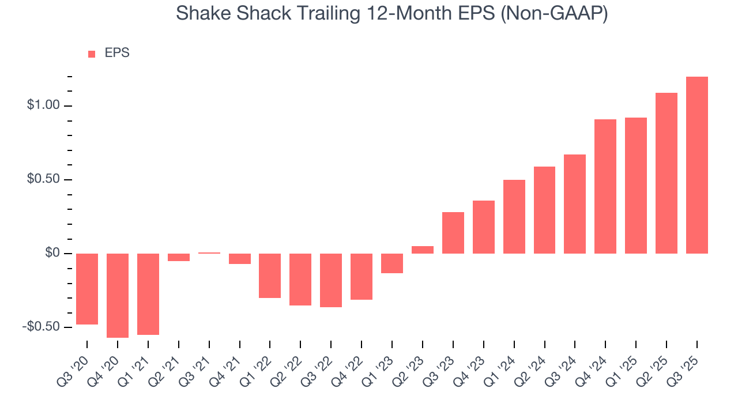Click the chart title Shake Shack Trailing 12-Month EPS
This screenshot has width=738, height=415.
coord(391,13)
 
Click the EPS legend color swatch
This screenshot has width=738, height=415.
coord(92,54)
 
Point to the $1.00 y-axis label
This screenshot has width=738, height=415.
coord(43,106)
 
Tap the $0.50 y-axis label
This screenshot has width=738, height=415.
coord(43,180)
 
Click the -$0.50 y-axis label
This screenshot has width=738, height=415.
coord(40,327)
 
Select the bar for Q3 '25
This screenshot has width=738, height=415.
coord(696,165)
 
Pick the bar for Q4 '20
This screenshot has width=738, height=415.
coord(118,295)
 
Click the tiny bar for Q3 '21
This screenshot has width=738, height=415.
coord(209,253)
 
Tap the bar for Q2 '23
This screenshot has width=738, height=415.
coord(423,250)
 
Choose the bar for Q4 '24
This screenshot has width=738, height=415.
coord(605,186)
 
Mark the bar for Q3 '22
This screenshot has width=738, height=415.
coord(331,280)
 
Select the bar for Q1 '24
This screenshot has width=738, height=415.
coord(514,217)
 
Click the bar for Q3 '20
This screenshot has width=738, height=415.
coord(87,289)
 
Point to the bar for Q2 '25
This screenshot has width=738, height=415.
coord(666,173)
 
